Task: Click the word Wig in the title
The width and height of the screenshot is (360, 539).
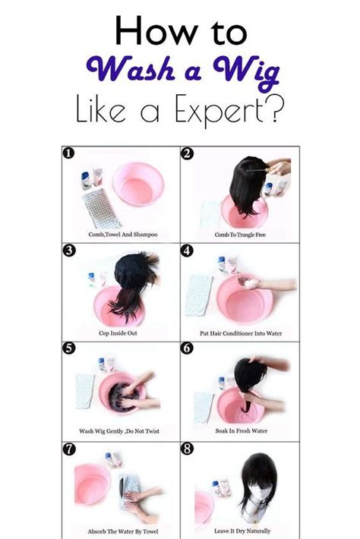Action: click(x=246, y=73)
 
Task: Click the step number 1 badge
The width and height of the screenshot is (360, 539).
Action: click(x=68, y=153)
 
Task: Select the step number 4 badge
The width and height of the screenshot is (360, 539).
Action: click(x=187, y=251)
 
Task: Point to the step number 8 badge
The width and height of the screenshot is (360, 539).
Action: click(x=187, y=449)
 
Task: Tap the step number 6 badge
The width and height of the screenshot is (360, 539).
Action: click(x=187, y=348)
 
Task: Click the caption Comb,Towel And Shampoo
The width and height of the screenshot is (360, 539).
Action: click(x=123, y=235)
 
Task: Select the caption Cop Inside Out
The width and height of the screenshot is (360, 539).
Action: click(x=118, y=333)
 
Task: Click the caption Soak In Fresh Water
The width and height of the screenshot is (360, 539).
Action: click(x=241, y=430)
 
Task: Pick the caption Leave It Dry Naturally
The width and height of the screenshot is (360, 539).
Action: click(x=242, y=531)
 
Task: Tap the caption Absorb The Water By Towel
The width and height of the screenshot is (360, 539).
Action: click(x=123, y=531)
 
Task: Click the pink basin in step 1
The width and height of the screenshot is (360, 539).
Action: click(x=138, y=184)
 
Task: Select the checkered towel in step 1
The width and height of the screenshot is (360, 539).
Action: click(x=101, y=209)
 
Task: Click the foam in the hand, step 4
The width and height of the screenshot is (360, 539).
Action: click(x=250, y=283)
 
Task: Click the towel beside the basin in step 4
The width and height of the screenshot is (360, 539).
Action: click(x=199, y=295)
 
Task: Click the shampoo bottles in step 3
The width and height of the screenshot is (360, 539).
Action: click(x=96, y=279)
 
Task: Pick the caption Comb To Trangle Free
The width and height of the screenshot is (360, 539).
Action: click(x=240, y=235)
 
